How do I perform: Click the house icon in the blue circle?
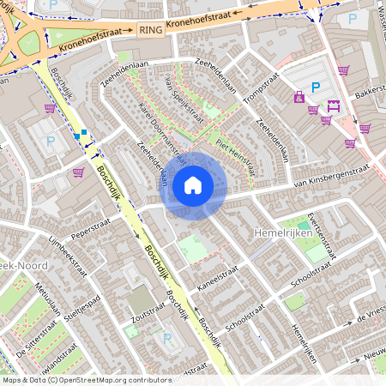(193, 184)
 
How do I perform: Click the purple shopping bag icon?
(299, 98)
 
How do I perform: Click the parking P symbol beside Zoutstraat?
(166, 338)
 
